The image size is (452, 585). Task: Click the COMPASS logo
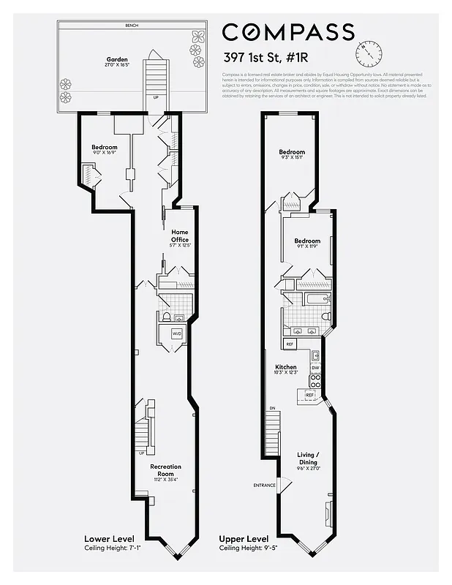288,32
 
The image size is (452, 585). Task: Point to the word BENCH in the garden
132,26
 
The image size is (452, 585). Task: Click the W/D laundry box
176,333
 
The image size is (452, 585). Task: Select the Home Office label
179,235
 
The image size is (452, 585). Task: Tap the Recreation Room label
165,469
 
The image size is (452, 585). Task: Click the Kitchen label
285,366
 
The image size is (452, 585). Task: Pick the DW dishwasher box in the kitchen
314,368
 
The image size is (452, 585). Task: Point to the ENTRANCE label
264,486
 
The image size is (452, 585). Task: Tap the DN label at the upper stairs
273,408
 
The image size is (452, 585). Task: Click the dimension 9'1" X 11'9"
307,247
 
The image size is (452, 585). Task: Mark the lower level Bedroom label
105,147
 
